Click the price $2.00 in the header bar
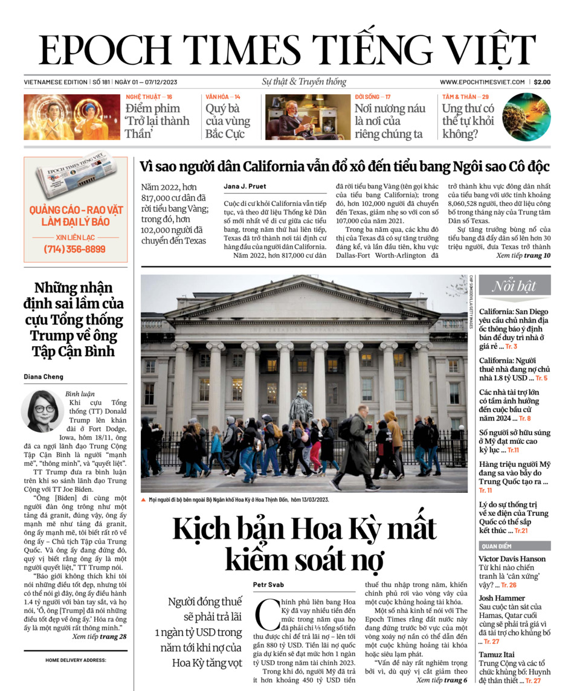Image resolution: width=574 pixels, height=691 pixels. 542,82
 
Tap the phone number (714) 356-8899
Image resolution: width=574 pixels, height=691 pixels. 75,249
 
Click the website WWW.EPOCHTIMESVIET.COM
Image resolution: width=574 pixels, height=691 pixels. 483,82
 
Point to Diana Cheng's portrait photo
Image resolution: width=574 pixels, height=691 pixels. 43,411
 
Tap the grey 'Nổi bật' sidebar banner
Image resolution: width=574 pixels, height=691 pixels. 514,286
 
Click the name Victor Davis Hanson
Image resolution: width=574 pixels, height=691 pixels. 512,559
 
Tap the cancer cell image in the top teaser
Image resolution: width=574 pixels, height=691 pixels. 527,117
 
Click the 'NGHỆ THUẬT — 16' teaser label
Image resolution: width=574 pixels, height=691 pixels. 149,97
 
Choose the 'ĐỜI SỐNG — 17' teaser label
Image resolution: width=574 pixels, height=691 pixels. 372,97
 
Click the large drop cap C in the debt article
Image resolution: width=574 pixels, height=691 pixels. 266,611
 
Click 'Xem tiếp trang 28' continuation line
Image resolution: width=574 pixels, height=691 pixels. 99,637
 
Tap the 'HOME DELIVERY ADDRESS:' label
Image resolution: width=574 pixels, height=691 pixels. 76,660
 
